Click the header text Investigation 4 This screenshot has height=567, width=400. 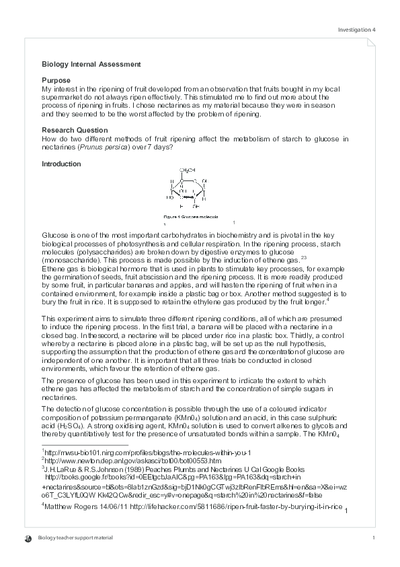coord(356,30)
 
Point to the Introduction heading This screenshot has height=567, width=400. coord(61,164)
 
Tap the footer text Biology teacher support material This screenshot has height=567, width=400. coord(75,538)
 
